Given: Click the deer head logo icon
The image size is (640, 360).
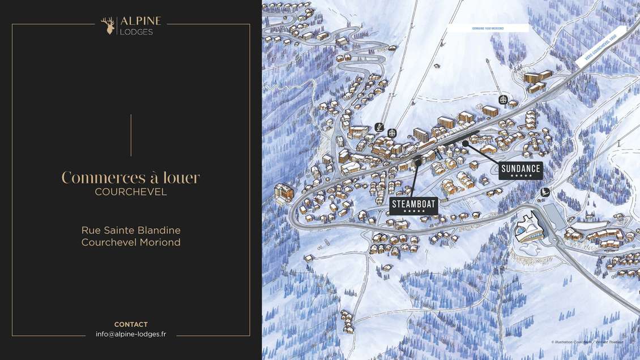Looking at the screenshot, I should [108, 25].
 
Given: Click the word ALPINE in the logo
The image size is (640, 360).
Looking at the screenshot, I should [140, 21].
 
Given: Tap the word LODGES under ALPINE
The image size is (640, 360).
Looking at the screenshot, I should [136, 32].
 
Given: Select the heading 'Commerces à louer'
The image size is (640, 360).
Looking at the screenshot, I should [131, 177].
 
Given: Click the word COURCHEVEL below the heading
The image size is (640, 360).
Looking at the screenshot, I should [131, 192].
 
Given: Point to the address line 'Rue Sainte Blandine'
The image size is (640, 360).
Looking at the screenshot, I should [131, 230].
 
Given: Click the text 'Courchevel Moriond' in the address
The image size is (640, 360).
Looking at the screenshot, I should [131, 242].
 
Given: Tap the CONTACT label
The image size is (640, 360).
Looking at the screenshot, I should [131, 324].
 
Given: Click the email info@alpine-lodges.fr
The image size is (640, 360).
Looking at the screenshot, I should [131, 335].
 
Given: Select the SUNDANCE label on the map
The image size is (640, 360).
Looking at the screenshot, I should [520, 169].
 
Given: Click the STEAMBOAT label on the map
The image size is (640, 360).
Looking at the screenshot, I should [413, 203].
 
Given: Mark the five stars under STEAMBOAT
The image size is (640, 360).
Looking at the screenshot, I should [413, 211].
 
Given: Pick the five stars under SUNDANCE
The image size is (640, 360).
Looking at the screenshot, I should [520, 176].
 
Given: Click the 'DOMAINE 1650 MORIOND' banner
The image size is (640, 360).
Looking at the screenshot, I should [488, 28].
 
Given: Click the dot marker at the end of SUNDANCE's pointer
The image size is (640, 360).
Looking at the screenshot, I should [465, 144].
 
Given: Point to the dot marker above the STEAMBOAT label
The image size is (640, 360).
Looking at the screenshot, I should [418, 163].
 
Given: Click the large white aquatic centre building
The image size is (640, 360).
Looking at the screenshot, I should [528, 228].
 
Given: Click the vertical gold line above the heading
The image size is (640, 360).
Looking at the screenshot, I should [131, 135].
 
